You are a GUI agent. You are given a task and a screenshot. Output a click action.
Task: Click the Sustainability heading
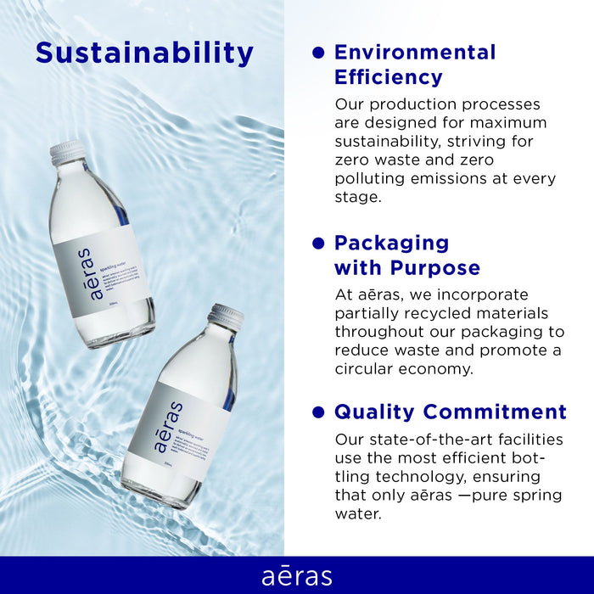144,53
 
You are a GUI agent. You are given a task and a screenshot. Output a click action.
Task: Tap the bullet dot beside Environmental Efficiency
319,53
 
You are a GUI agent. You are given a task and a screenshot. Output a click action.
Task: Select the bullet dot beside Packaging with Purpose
319,244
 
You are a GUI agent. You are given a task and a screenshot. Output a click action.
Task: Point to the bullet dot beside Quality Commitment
319,412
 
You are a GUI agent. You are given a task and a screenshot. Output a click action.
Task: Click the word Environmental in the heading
415,52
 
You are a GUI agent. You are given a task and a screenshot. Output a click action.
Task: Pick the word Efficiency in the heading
388,77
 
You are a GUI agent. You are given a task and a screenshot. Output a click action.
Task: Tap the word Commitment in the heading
496,412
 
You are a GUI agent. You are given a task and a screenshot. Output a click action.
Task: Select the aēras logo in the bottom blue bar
297,575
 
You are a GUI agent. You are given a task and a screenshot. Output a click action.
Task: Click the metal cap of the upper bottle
67,153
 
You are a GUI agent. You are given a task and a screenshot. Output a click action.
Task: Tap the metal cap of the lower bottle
227,317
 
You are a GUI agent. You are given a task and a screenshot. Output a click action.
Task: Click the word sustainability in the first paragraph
390,141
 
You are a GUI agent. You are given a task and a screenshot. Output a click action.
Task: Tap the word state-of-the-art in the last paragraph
434,440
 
